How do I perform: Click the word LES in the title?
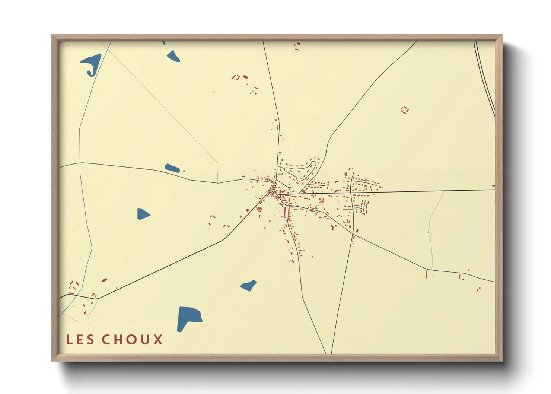tap(80, 340)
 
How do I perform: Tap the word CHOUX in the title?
tap(132, 340)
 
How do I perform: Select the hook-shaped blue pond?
tap(92, 63)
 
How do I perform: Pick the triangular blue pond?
tap(143, 214)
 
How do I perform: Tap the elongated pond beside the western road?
tap(172, 168)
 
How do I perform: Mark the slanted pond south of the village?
tap(248, 286)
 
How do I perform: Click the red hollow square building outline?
tap(405, 110)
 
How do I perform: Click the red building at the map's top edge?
tap(297, 46)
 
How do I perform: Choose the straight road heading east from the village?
tap(428, 191)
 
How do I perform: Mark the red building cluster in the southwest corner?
tap(74, 287)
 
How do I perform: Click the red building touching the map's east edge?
tap(493, 185)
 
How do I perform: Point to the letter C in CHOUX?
tap(107, 340)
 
